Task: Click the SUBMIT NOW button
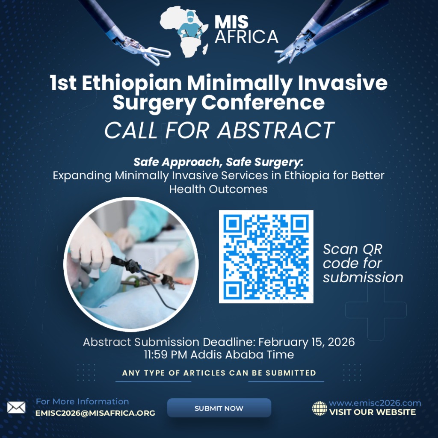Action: tap(219, 408)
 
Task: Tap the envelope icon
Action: tap(16, 408)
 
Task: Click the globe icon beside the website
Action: tap(320, 408)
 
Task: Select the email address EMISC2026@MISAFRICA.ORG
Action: tap(95, 413)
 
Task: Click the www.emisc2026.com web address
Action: tap(375, 403)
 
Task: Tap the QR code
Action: tap(266, 257)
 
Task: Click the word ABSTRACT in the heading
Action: tap(275, 130)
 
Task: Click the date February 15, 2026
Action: tap(307, 342)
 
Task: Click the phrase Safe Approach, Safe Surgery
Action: tap(218, 162)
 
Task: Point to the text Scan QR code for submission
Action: tap(362, 263)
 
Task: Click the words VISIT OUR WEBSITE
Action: tap(372, 412)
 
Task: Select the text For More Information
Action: tap(82, 401)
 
